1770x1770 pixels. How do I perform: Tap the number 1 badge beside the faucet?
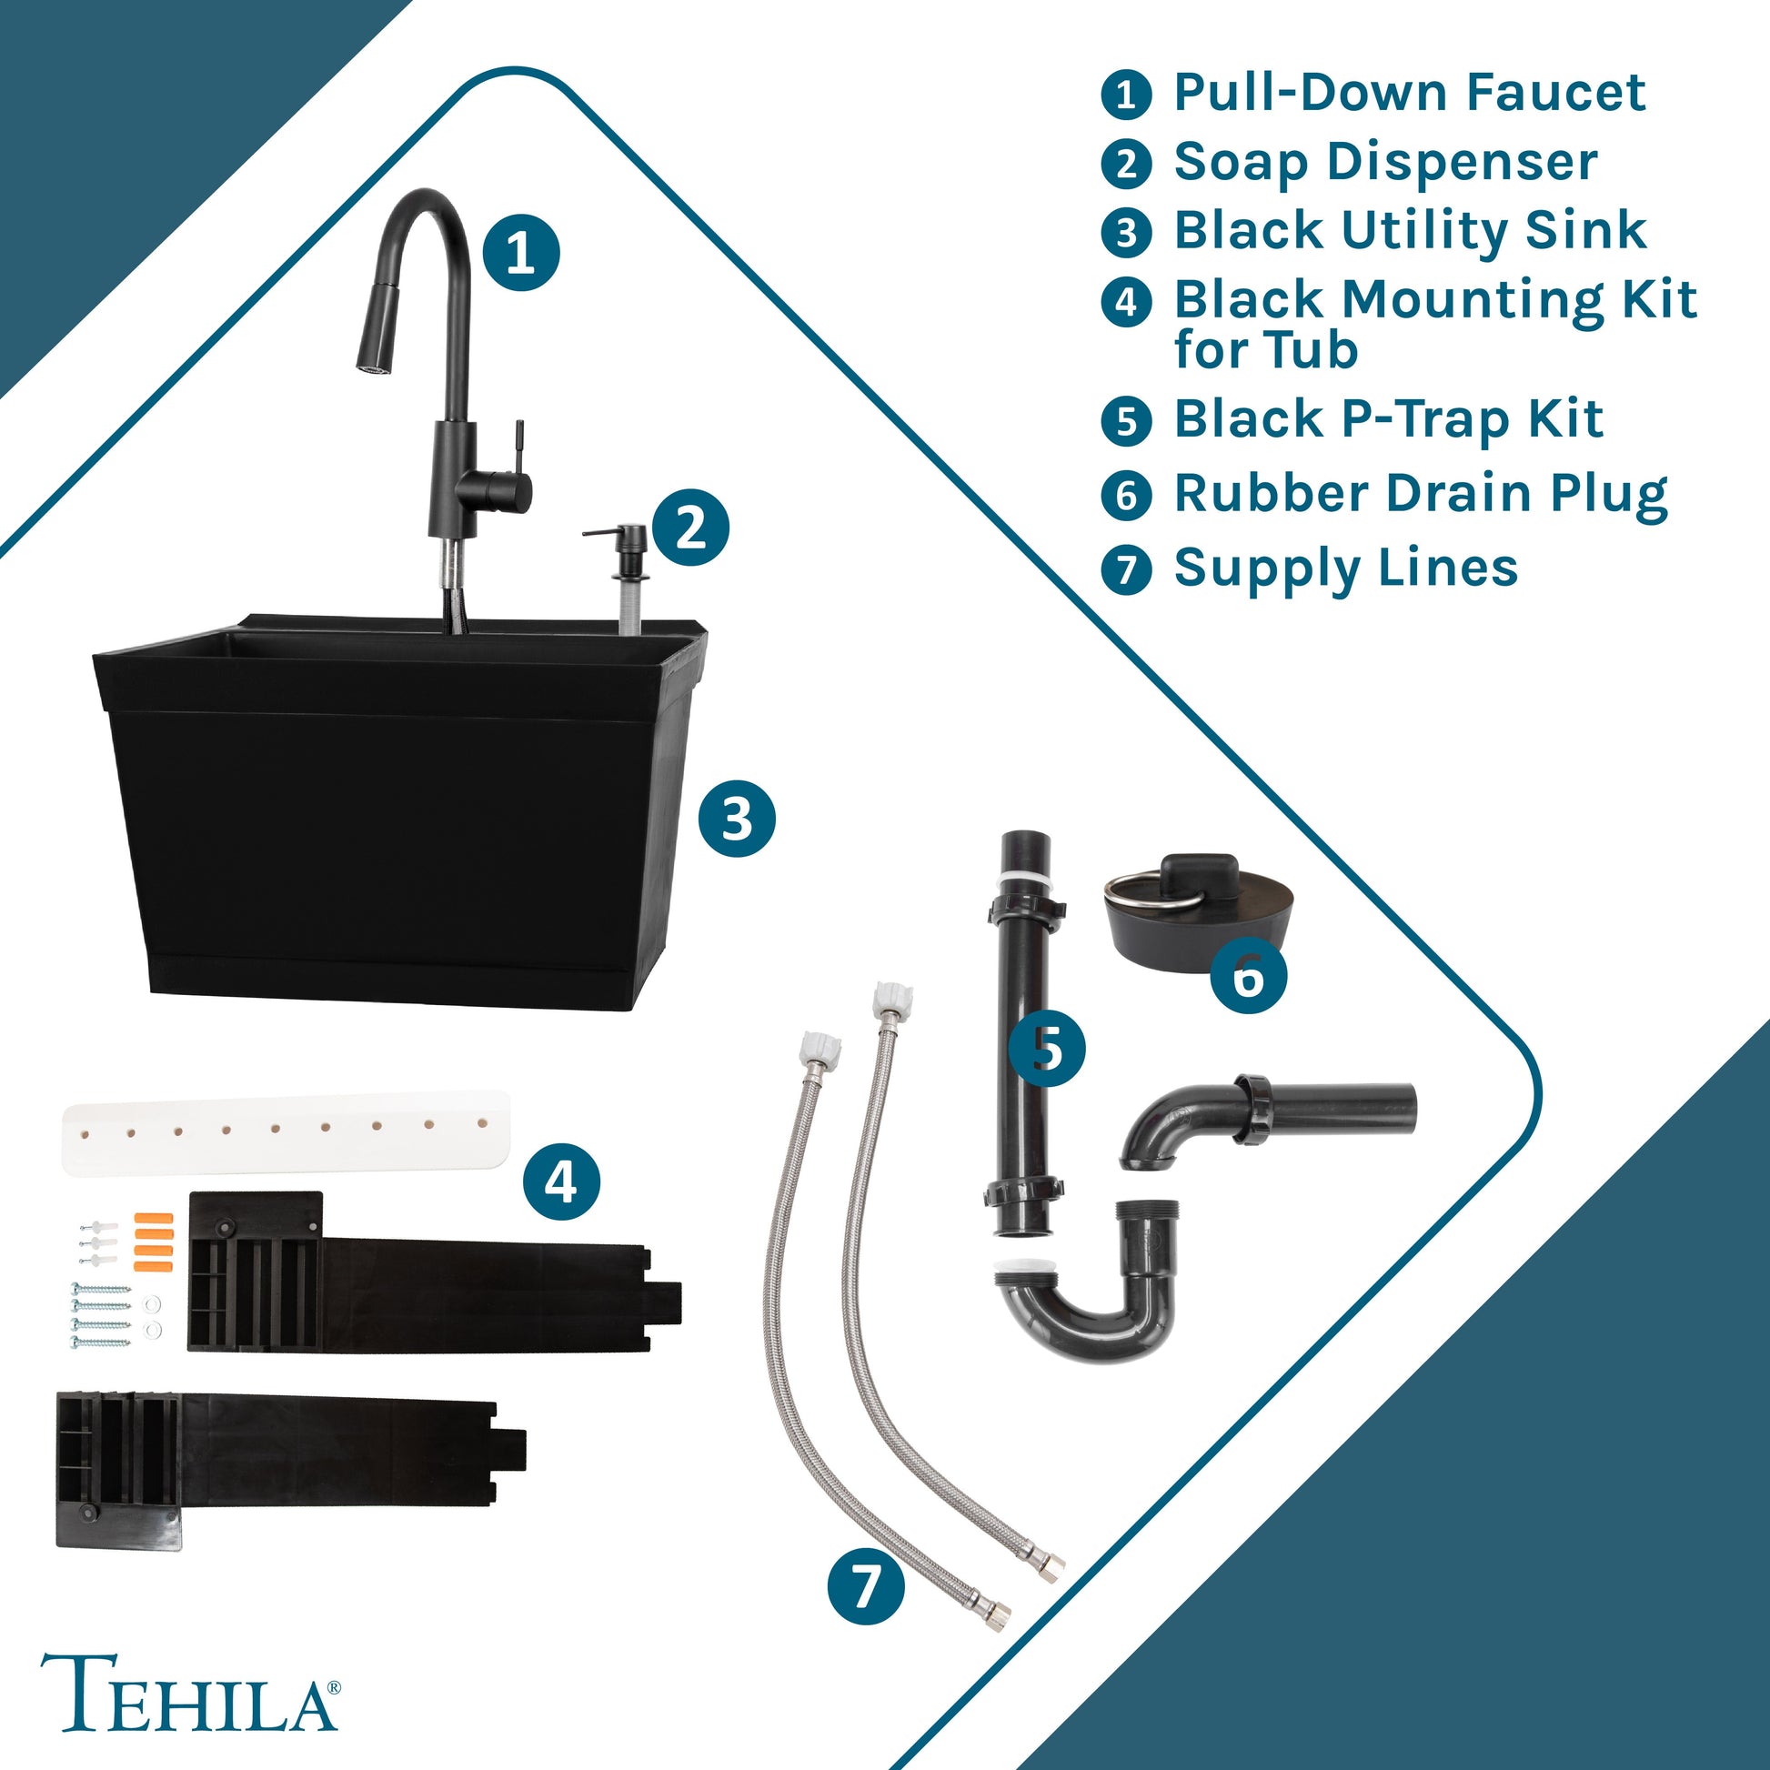520,252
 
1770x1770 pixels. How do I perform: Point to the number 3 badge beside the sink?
737,818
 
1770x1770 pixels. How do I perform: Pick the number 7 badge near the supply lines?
866,1587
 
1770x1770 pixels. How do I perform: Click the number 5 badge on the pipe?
1047,1049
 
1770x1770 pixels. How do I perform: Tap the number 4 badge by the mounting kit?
560,1181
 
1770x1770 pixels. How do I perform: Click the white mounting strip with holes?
285,1132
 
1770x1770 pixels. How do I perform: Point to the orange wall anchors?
153,1242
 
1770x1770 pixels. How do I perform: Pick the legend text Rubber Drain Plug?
1421,495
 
